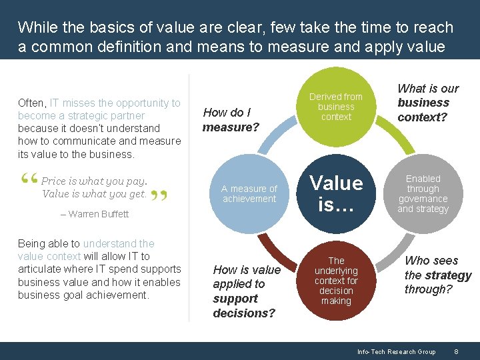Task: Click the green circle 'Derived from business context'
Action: (336, 107)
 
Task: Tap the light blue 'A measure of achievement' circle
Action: (249, 194)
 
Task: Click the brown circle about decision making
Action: (336, 281)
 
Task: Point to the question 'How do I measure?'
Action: (231, 119)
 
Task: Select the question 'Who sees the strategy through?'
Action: (437, 275)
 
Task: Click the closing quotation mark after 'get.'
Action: (159, 196)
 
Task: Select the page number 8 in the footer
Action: (456, 351)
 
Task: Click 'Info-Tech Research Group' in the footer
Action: (396, 351)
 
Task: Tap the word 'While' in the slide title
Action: (36, 27)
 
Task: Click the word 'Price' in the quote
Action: (54, 181)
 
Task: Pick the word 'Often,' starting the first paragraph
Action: (32, 103)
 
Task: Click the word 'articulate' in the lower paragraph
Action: (41, 269)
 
